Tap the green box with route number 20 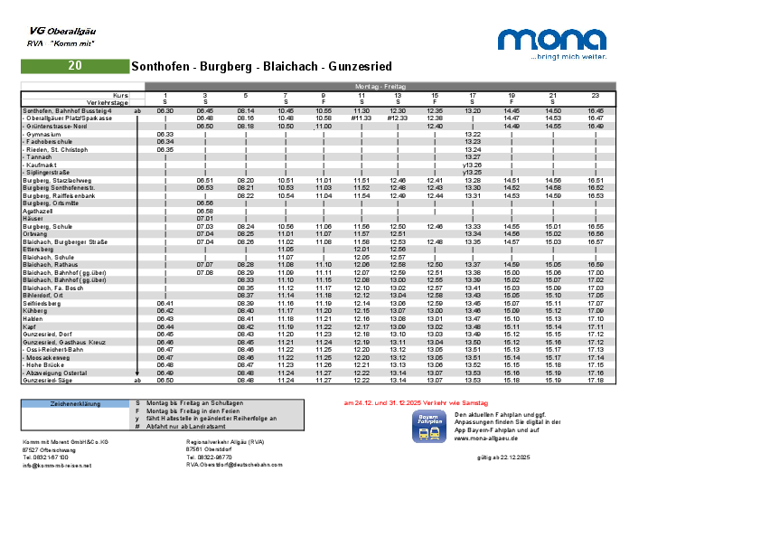coord(75,66)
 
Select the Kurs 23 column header coord(595,94)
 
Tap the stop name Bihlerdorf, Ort coord(42,295)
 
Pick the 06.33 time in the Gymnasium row coord(164,134)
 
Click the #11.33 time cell coord(361,118)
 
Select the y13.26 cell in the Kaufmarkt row coord(472,165)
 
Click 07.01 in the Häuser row coord(204,218)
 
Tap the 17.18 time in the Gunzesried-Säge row coord(595,381)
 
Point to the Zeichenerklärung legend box coord(75,404)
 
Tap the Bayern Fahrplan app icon coord(428,426)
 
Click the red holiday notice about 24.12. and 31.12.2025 coord(416,402)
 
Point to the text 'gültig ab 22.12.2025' coord(503,458)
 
